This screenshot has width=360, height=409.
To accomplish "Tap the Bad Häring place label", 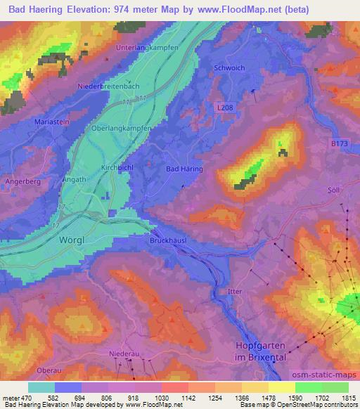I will tap(184, 169).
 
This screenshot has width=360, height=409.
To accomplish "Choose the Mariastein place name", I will tap(51, 122).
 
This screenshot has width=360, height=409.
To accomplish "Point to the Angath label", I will tap(75, 180).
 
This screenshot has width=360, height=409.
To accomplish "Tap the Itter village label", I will tap(235, 290).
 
